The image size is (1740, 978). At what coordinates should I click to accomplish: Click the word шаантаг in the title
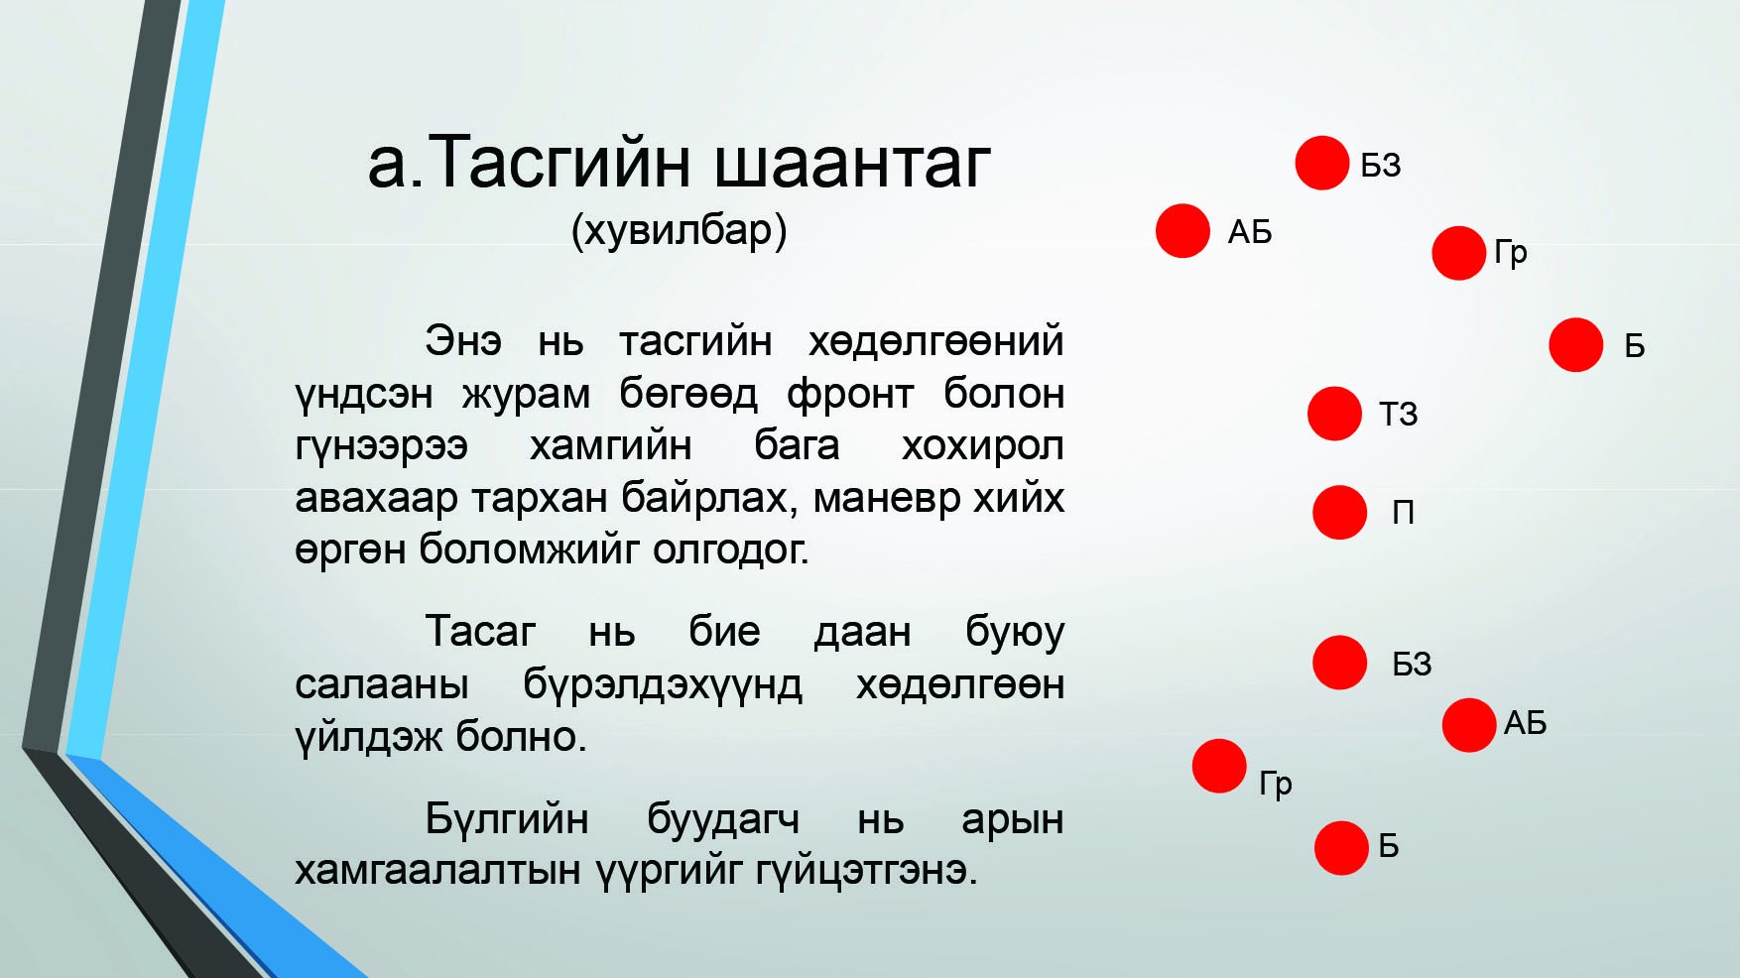(x=852, y=163)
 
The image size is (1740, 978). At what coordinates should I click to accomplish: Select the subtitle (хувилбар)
(x=680, y=231)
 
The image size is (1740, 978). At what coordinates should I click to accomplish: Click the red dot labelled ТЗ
(x=1334, y=414)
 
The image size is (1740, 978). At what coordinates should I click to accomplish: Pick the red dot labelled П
(x=1340, y=512)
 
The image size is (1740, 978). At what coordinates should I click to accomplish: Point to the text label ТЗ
(x=1399, y=414)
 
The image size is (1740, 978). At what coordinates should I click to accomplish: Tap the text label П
(x=1403, y=512)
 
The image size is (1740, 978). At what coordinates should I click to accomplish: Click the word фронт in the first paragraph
(x=850, y=395)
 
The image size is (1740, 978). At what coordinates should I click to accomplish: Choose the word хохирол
(x=982, y=446)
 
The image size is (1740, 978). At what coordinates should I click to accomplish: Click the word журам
(x=526, y=395)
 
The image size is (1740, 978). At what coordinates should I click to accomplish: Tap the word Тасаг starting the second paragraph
(x=480, y=632)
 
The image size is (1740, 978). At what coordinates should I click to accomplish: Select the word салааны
(x=382, y=684)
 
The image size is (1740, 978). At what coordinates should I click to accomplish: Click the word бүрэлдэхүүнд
(x=663, y=684)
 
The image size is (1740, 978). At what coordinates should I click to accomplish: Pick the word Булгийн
(x=507, y=819)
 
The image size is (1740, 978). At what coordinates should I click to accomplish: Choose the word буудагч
(x=723, y=819)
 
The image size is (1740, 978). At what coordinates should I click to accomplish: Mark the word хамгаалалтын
(x=437, y=871)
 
